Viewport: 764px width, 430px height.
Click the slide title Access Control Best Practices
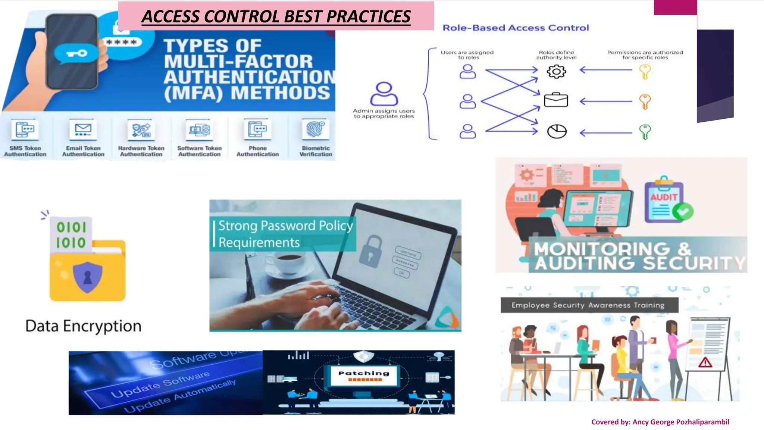(x=276, y=16)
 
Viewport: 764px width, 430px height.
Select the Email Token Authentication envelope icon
(x=83, y=130)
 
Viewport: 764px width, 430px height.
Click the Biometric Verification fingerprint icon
(x=316, y=130)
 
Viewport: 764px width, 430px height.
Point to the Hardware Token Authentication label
(x=141, y=151)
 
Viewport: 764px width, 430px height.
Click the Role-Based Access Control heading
(x=516, y=28)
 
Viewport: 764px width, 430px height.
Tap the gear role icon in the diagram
(x=556, y=71)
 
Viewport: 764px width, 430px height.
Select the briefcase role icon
(x=556, y=100)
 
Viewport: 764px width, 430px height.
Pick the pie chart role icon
(x=557, y=131)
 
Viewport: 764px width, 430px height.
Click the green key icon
(x=645, y=131)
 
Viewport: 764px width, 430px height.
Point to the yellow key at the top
(x=645, y=71)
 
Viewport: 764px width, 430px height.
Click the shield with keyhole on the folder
(x=88, y=277)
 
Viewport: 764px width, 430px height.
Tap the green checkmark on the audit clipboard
(x=683, y=212)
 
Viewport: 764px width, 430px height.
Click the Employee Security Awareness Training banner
(x=588, y=305)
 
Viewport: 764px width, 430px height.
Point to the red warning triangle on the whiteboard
(x=705, y=362)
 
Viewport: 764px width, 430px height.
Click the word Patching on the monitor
(x=364, y=373)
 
